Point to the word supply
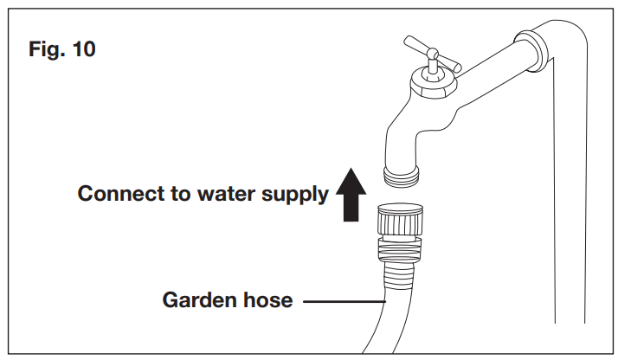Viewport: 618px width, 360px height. (296, 194)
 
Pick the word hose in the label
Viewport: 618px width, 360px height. (266, 301)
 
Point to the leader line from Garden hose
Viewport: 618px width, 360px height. (340, 302)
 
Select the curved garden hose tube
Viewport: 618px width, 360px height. (382, 320)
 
